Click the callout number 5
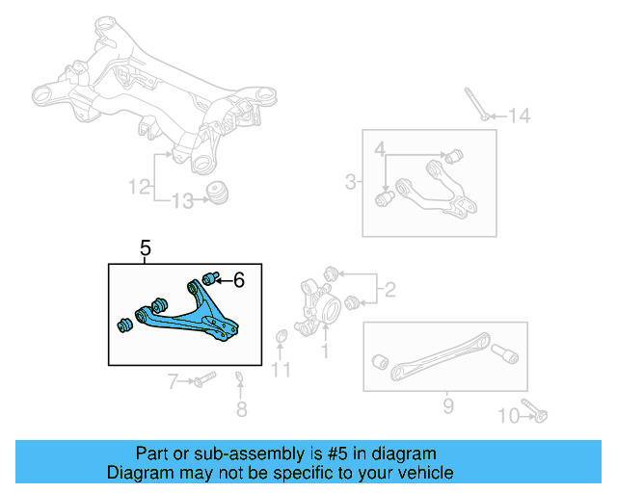(146, 248)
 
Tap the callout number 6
(239, 280)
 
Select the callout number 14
(520, 117)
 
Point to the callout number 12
(141, 184)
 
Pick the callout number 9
(447, 405)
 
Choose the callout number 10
(508, 416)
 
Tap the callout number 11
(281, 369)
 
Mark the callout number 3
(350, 181)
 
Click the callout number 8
(241, 409)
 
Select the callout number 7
(174, 382)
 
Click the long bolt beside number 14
(474, 104)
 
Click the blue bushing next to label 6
(212, 278)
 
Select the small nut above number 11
(282, 336)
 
